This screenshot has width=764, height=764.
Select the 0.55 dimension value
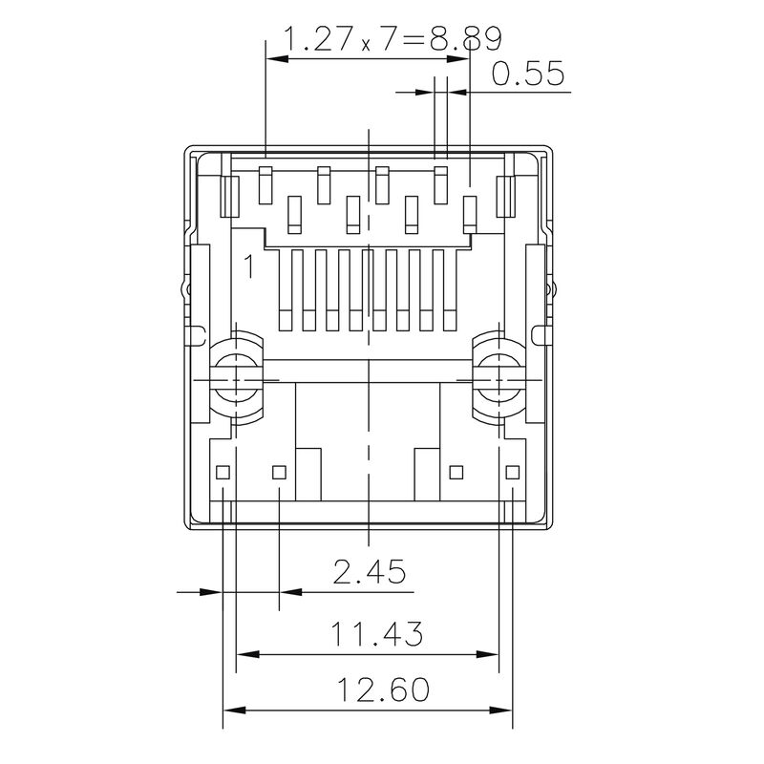coord(528,74)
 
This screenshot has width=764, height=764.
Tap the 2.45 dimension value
coord(369,572)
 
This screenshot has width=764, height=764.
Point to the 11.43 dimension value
coord(377,633)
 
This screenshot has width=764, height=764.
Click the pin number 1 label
coord(248,266)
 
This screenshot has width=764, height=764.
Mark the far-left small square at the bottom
coord(223,472)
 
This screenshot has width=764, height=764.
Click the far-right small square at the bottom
coord(514,472)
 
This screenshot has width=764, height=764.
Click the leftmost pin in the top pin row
coord(265,183)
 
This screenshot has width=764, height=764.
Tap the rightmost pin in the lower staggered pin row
coord(470,214)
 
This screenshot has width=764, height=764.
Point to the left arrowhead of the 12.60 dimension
coord(230,711)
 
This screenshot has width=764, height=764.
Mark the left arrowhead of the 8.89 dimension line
coord(274,59)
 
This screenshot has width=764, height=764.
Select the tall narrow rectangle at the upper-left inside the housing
coord(229,196)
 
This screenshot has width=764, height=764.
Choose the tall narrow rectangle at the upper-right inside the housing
coord(505,196)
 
